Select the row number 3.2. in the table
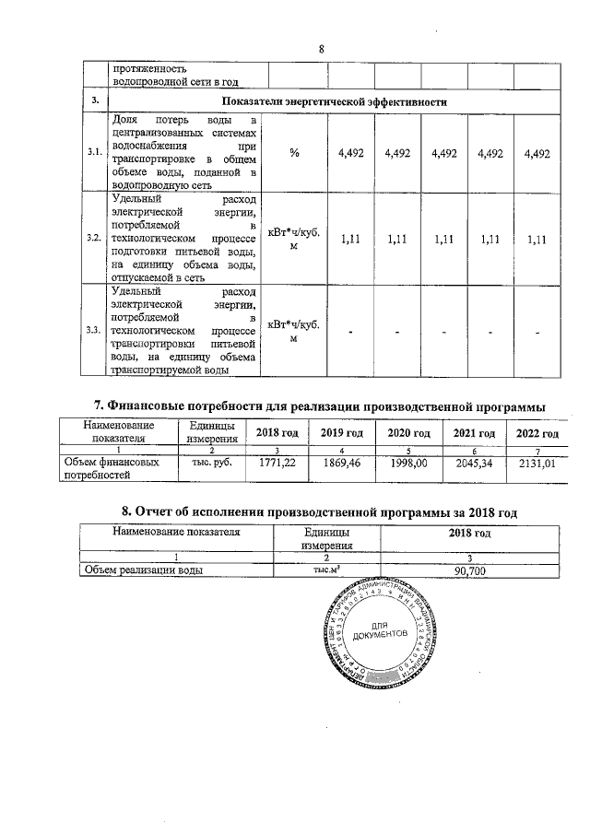[x=93, y=238]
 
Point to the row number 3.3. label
[x=93, y=331]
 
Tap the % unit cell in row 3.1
[x=294, y=154]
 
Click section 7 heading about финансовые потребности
[x=322, y=405]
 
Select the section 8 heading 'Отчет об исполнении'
[x=322, y=511]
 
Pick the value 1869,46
[x=340, y=463]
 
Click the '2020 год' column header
[x=408, y=433]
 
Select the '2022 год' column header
[x=538, y=433]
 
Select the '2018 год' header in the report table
[x=470, y=533]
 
